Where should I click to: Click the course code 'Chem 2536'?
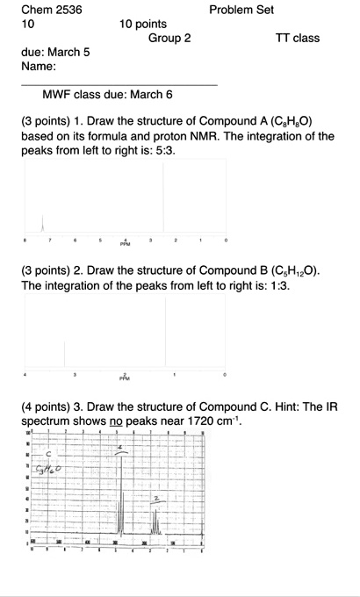click(x=51, y=10)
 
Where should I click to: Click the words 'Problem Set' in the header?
click(x=241, y=10)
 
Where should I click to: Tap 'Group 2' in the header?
click(x=169, y=39)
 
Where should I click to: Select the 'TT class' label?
click(x=298, y=39)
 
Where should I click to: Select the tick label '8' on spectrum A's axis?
click(x=25, y=239)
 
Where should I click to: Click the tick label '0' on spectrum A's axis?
click(x=226, y=239)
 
